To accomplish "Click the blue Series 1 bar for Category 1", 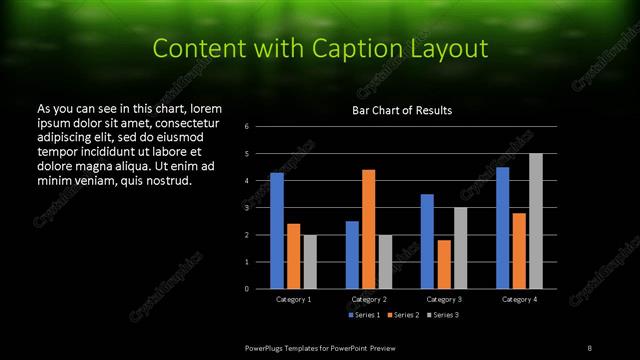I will (276, 230).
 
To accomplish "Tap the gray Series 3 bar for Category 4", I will (536, 221).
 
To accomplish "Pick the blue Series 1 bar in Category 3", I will (427, 241).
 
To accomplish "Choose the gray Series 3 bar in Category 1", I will (309, 262).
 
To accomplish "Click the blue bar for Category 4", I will (503, 227).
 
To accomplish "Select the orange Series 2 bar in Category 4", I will (520, 250).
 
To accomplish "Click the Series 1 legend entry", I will (365, 315).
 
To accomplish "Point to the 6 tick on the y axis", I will (247, 127).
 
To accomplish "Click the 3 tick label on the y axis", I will (247, 208).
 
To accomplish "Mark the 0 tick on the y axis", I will (247, 289).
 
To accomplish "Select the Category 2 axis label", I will (368, 299).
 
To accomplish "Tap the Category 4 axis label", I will (519, 299).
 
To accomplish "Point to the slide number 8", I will (590, 347).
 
